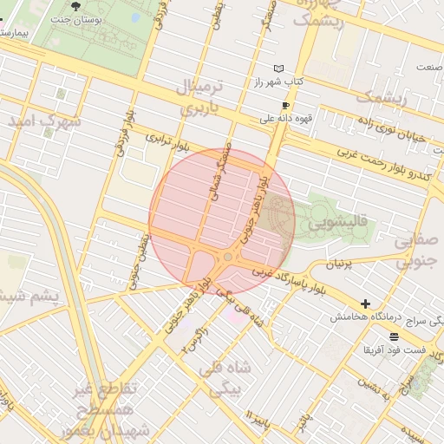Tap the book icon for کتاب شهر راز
point(278,69)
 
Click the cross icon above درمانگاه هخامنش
point(366,304)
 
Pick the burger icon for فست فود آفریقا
point(395,336)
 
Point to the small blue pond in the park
point(134,16)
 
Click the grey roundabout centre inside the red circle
point(227,258)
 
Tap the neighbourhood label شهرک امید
point(45,121)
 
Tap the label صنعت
point(429,67)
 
